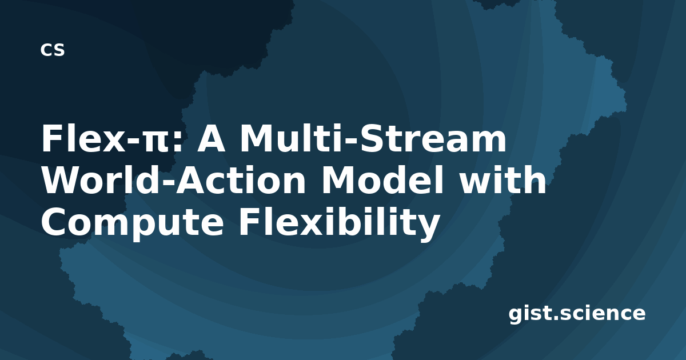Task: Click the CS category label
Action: point(53,50)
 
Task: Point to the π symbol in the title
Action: point(156,142)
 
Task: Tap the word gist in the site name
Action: point(531,314)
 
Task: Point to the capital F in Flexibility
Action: point(250,221)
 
